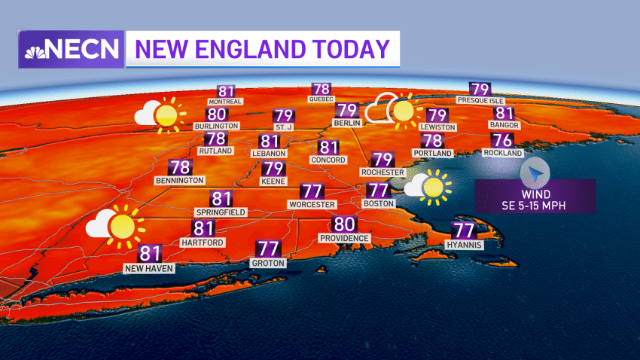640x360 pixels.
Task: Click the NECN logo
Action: click(72, 50)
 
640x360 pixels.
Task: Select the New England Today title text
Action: click(262, 50)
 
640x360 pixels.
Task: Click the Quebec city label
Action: click(321, 99)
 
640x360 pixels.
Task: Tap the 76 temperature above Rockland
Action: click(502, 140)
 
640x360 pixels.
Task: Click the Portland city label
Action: click(432, 153)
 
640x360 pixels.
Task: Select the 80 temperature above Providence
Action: click(344, 224)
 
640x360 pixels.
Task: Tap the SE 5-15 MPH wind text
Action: click(535, 202)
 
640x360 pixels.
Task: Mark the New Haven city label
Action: click(150, 267)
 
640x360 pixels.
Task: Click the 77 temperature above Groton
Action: click(267, 249)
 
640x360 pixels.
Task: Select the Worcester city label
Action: click(311, 204)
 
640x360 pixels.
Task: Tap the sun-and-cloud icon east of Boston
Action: click(427, 187)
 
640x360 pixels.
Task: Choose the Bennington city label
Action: click(179, 181)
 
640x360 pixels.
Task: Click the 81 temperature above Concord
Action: click(328, 148)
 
